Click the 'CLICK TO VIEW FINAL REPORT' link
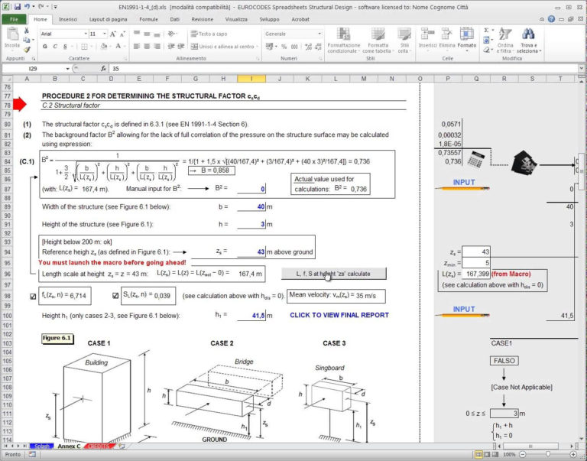339,315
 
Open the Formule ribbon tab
148,18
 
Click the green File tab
15,18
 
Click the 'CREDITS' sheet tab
100,445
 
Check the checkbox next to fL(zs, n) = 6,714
32,296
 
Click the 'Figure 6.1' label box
57,337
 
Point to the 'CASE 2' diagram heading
222,343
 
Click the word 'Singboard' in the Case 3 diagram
330,368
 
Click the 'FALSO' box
505,360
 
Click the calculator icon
478,159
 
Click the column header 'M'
363,79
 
